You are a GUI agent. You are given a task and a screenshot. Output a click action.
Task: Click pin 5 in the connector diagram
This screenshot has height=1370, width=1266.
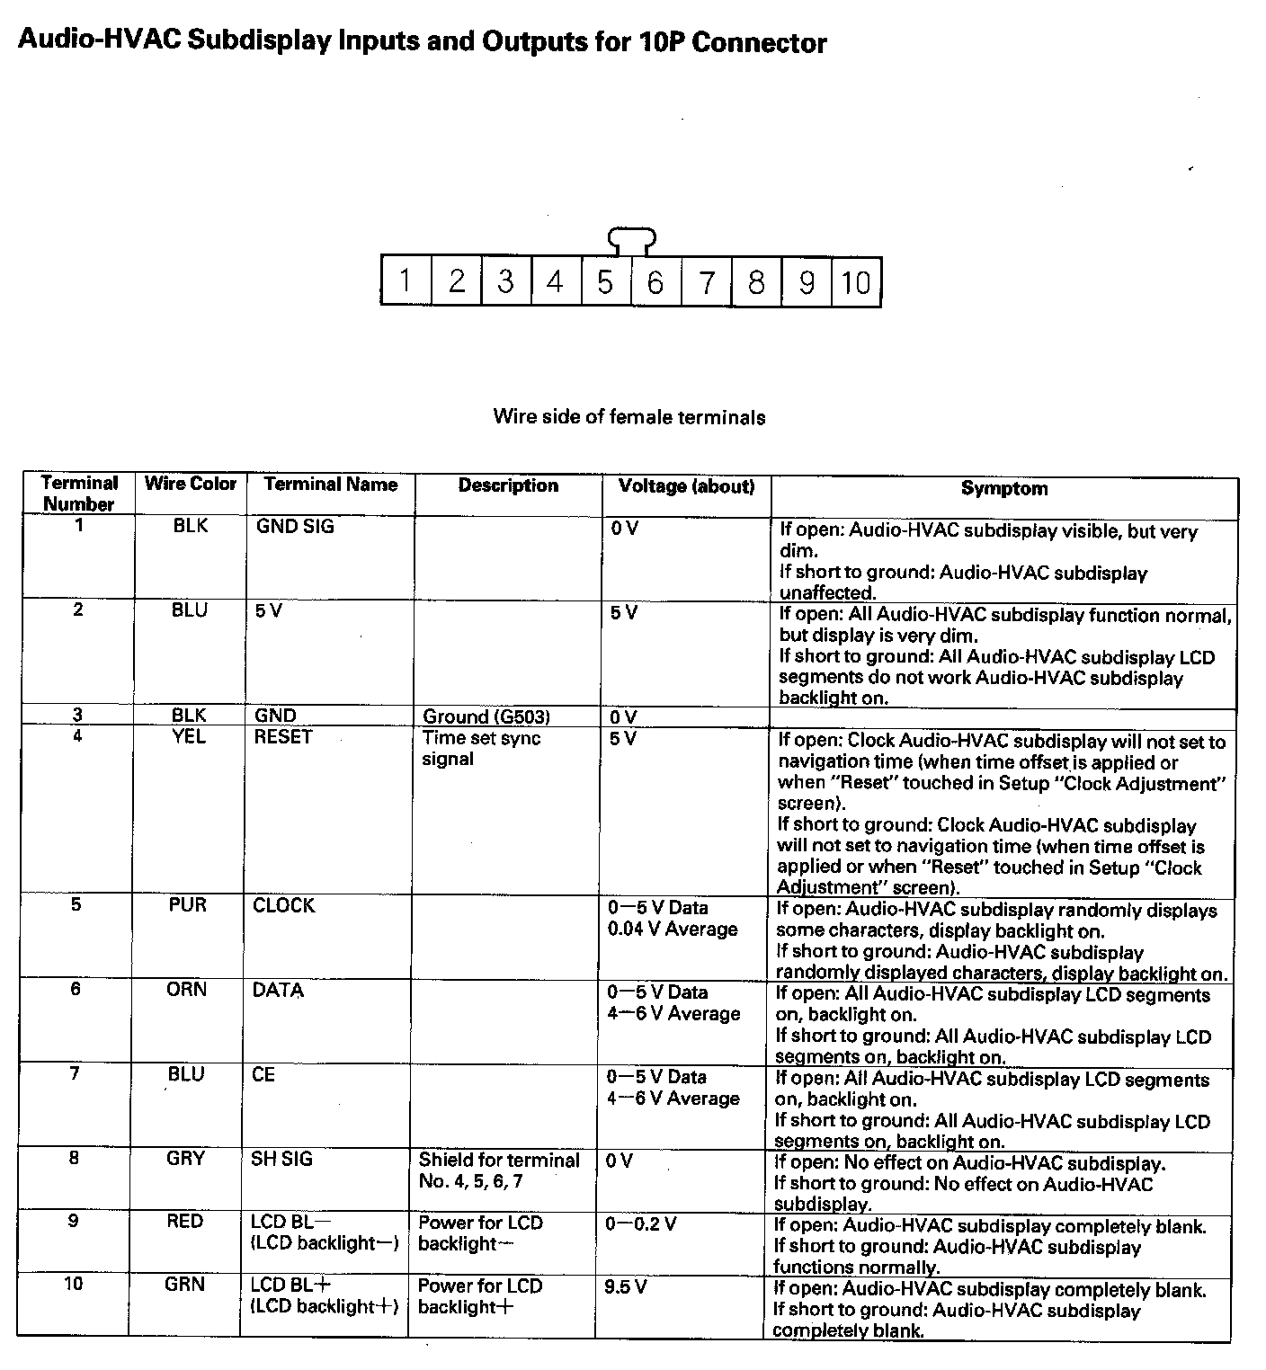pyautogui.click(x=605, y=281)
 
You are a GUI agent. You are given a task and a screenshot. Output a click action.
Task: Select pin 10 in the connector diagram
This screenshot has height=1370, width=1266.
pyautogui.click(x=856, y=281)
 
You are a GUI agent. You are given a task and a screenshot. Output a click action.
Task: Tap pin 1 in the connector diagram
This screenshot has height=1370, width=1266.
pyautogui.click(x=406, y=281)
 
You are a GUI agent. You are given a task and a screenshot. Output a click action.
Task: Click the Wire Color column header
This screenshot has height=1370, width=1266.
pyautogui.click(x=191, y=484)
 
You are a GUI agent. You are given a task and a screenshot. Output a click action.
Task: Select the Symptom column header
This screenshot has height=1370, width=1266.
pyautogui.click(x=1003, y=489)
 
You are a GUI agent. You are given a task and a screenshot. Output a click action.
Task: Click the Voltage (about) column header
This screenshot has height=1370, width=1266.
pyautogui.click(x=686, y=486)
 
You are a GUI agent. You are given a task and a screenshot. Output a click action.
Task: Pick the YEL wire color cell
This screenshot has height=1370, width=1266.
pyautogui.click(x=190, y=737)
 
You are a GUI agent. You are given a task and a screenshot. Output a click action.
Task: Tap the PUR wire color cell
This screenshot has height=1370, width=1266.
pyautogui.click(x=188, y=905)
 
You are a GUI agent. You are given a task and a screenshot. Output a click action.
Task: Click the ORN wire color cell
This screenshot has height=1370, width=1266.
pyautogui.click(x=187, y=990)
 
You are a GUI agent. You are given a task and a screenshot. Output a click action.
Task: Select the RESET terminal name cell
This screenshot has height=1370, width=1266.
pyautogui.click(x=283, y=737)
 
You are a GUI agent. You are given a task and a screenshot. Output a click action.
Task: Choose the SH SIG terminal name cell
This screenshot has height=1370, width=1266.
pyautogui.click(x=281, y=1159)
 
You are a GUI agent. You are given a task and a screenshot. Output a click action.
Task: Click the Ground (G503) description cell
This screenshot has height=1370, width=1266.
pyautogui.click(x=486, y=716)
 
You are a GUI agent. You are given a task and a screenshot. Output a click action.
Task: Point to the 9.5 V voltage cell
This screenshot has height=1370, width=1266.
pyautogui.click(x=626, y=1286)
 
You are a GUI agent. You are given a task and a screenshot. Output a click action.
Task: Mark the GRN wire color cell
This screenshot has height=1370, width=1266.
pyautogui.click(x=185, y=1285)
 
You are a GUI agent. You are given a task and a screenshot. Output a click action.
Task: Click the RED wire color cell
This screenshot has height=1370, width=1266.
pyautogui.click(x=185, y=1222)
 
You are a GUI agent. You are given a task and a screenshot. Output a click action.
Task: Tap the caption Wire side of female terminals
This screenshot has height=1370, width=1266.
pyautogui.click(x=629, y=417)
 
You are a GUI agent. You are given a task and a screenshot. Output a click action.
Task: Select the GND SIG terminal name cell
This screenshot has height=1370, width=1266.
pyautogui.click(x=295, y=527)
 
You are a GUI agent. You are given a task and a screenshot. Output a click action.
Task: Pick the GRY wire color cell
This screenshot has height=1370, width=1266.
pyautogui.click(x=186, y=1159)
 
